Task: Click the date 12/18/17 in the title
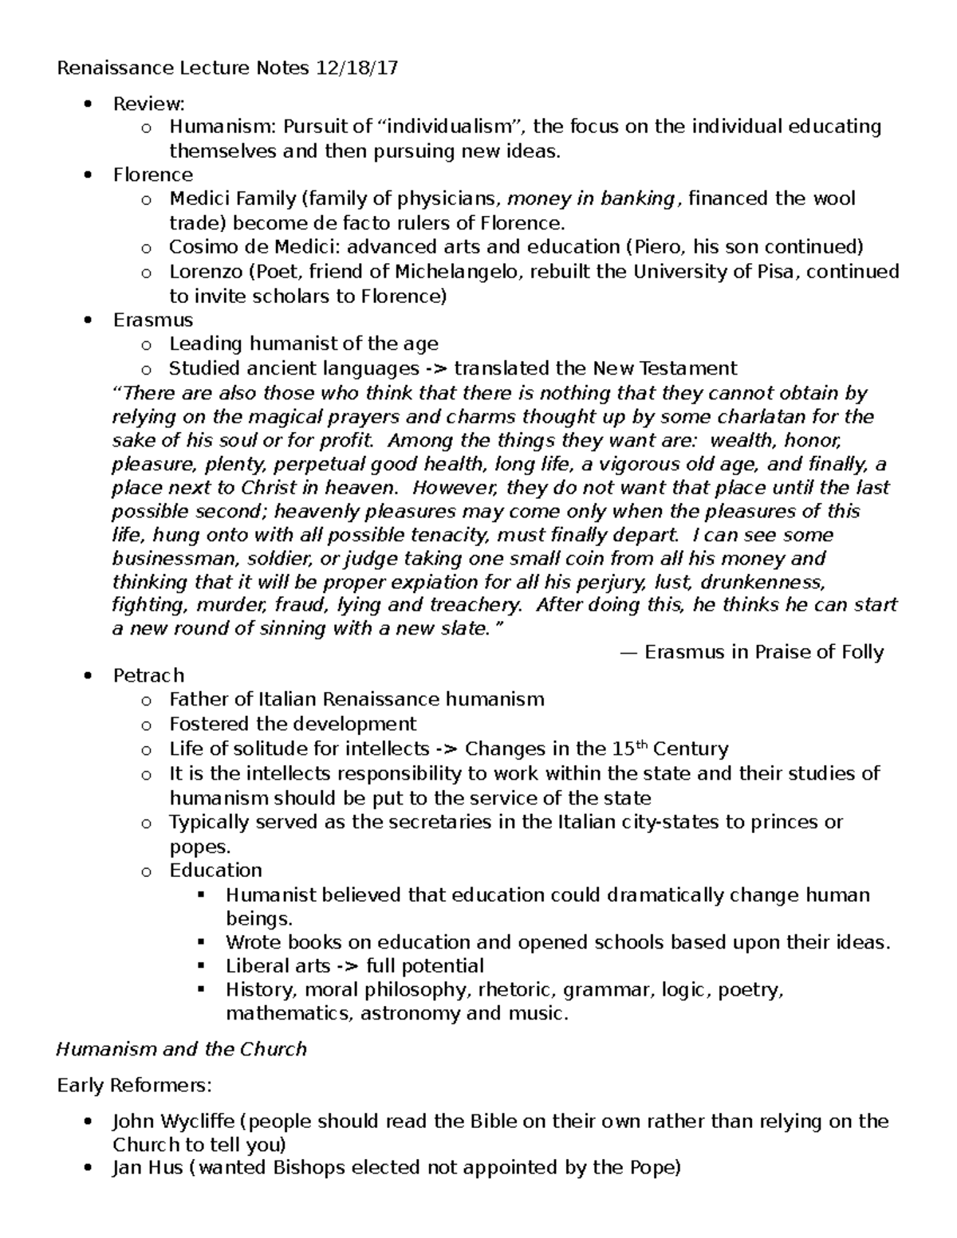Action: click(x=356, y=69)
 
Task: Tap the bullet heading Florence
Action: click(x=152, y=175)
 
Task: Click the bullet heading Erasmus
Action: click(x=152, y=320)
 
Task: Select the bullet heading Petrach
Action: click(x=148, y=676)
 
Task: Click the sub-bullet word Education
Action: click(x=215, y=871)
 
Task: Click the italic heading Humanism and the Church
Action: click(x=181, y=1049)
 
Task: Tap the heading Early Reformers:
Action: click(x=133, y=1086)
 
